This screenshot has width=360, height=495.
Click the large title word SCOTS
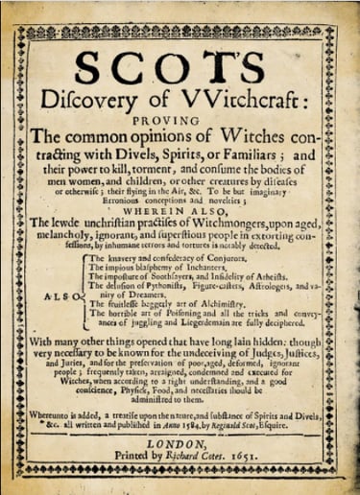pyautogui.click(x=180, y=71)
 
